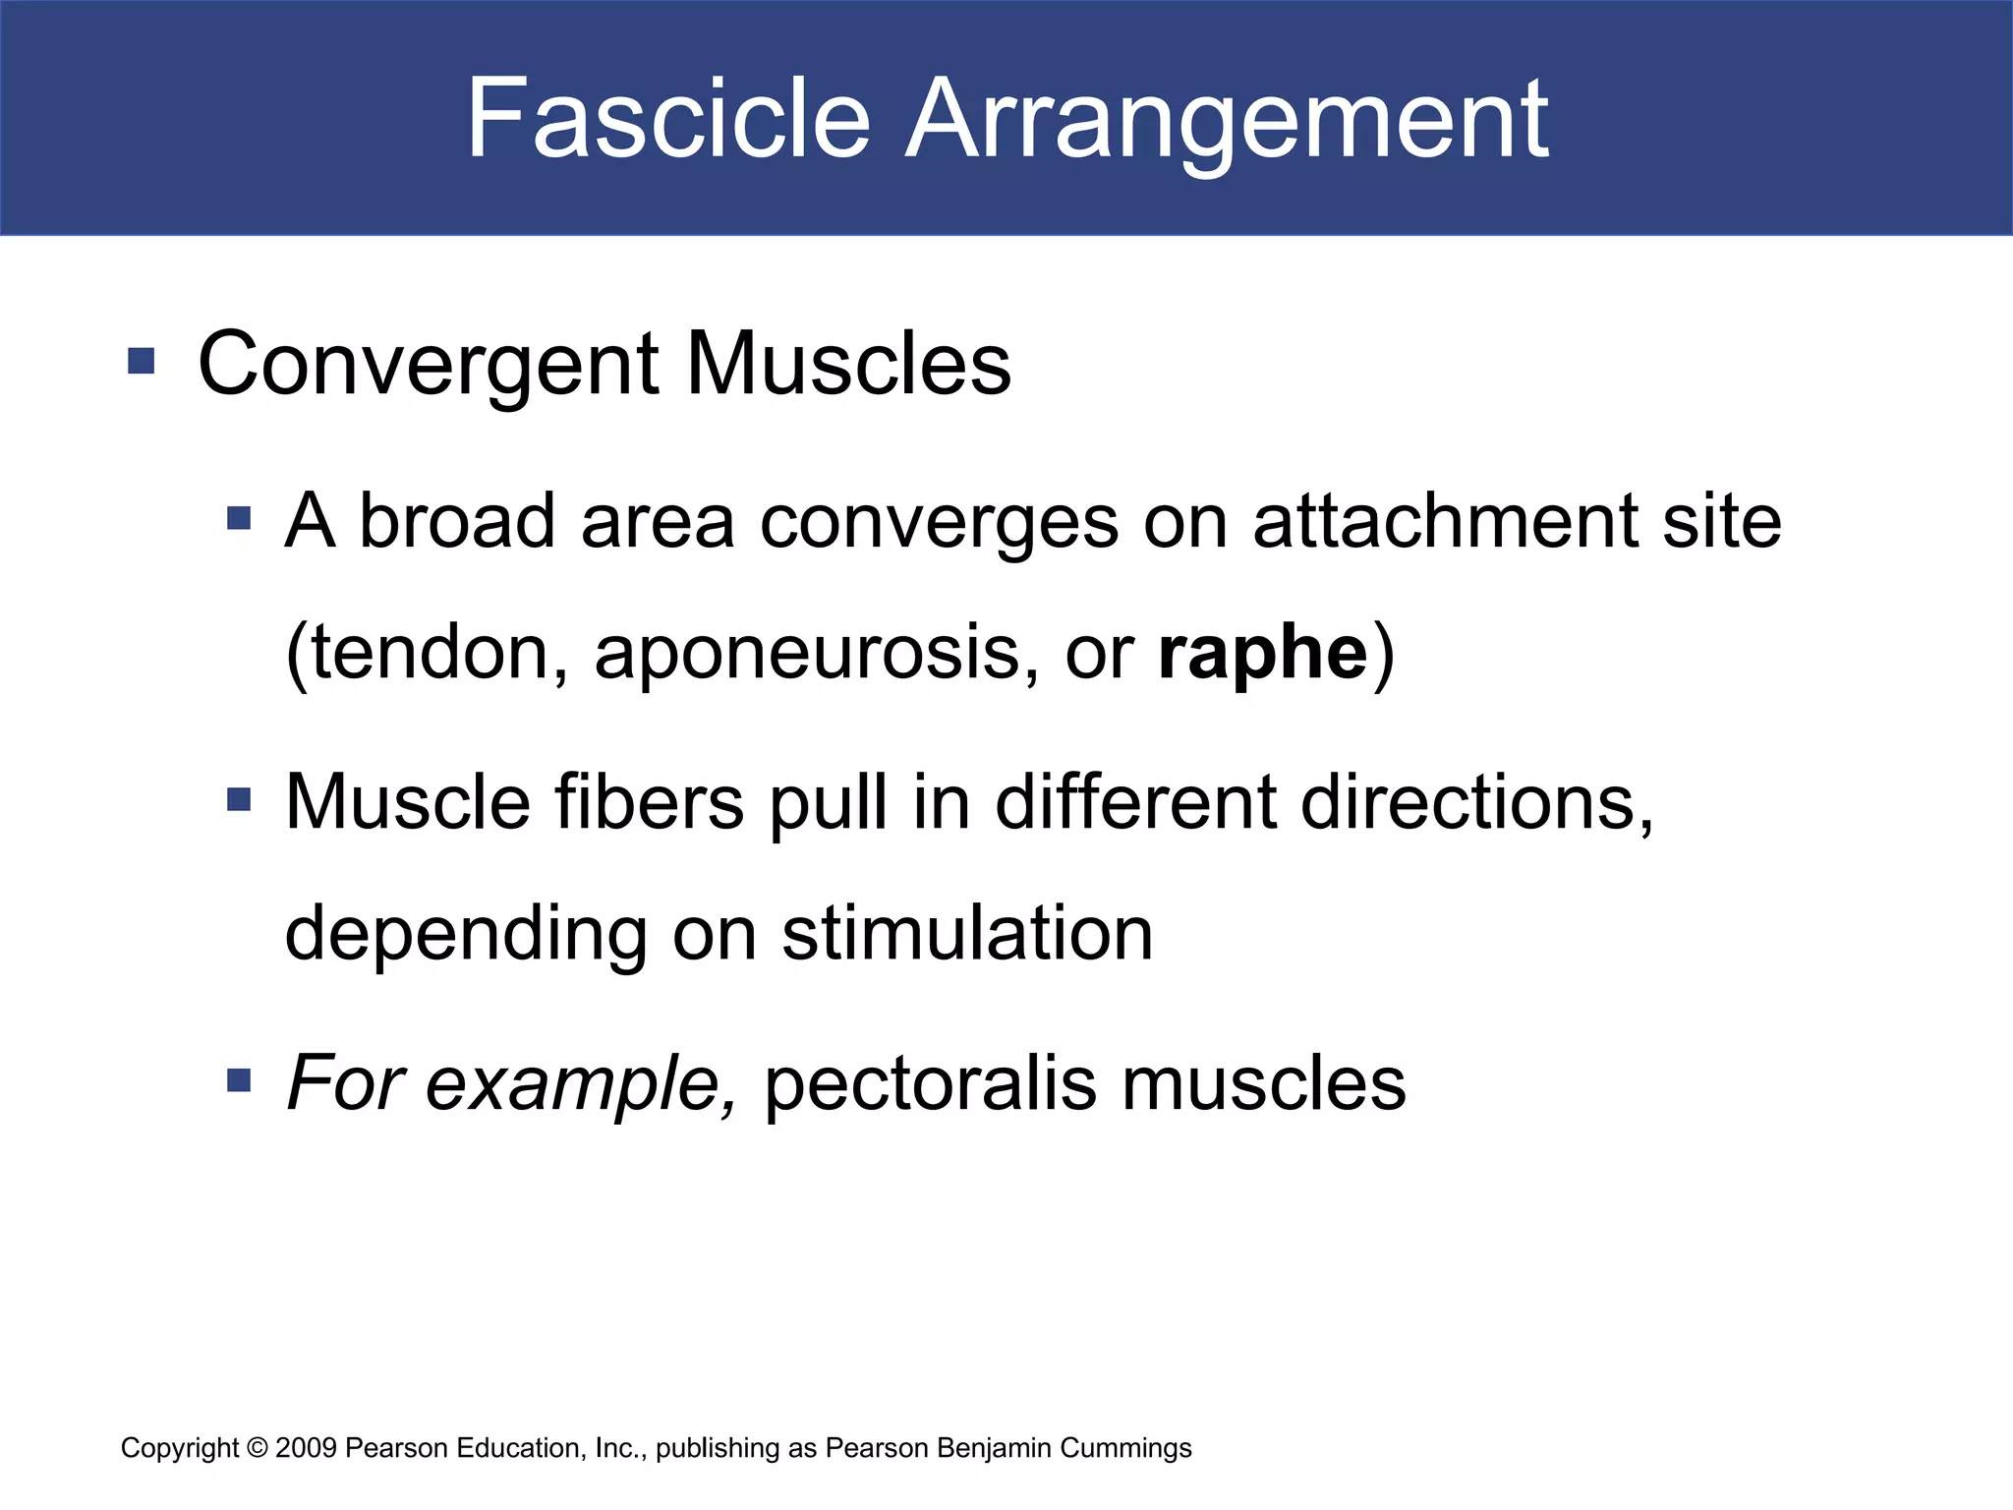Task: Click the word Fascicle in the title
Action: click(x=667, y=119)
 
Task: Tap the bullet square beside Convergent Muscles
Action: click(x=142, y=361)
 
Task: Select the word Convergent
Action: click(x=428, y=365)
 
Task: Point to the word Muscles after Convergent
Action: click(x=848, y=363)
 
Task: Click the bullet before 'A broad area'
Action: click(x=239, y=518)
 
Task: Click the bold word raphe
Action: click(x=1262, y=654)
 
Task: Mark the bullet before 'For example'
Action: click(x=239, y=1081)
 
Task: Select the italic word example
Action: click(x=581, y=1085)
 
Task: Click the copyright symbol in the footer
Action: click(x=258, y=1448)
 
